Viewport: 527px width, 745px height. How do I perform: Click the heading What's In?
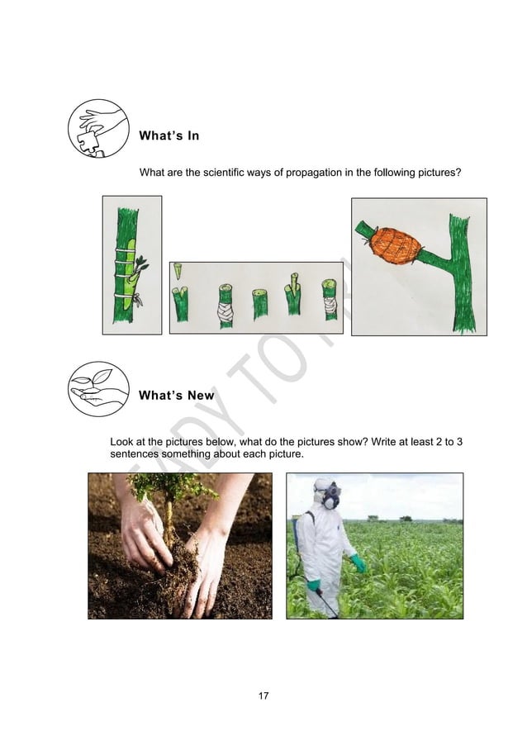[169, 135]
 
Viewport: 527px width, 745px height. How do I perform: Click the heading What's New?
[176, 396]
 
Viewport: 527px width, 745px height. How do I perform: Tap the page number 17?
[263, 696]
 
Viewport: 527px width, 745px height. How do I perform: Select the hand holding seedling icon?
[98, 389]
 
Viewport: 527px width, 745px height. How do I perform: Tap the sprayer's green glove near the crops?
[358, 562]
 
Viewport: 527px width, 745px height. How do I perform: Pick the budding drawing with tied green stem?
[131, 264]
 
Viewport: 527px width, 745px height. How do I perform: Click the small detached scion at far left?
[178, 270]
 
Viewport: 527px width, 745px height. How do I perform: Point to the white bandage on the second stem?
[226, 311]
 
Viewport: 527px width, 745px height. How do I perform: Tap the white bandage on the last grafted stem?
[330, 307]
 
